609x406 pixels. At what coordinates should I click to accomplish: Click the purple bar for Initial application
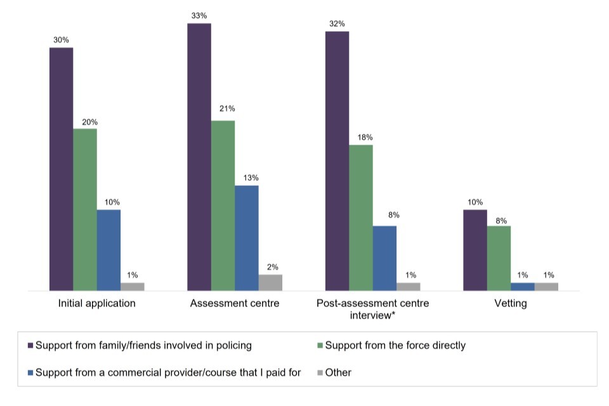tap(62, 169)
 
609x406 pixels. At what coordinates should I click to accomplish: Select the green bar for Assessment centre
tap(223, 206)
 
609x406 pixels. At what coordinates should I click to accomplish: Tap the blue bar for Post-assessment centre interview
tap(384, 258)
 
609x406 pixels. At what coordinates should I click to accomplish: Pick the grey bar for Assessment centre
tap(270, 282)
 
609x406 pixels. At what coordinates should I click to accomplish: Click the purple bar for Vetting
tap(475, 250)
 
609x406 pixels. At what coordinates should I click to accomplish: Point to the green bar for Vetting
tap(499, 258)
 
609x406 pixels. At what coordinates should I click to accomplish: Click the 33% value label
tap(199, 16)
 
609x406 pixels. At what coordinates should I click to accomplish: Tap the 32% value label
tap(337, 24)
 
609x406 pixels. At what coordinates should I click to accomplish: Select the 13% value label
tap(247, 178)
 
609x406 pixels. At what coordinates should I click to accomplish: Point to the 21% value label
tap(223, 114)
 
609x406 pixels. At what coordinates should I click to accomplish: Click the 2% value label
tap(271, 268)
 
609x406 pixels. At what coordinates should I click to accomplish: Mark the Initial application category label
tap(96, 303)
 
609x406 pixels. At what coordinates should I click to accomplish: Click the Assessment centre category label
tap(235, 303)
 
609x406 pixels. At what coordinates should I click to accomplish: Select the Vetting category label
tap(511, 303)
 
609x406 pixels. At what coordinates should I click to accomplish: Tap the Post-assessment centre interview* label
tap(373, 309)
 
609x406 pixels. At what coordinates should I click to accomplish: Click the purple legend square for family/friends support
tap(30, 346)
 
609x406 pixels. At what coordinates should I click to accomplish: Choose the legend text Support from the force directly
tap(395, 346)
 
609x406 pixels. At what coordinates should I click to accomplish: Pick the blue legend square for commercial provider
tap(30, 372)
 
